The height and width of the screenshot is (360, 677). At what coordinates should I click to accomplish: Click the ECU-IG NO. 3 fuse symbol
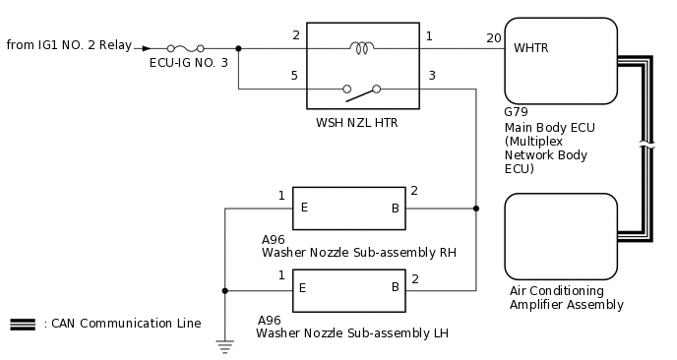coord(186,47)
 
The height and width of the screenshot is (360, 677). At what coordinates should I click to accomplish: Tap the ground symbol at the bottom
coord(225,343)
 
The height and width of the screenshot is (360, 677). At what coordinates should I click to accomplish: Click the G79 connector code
coord(516,113)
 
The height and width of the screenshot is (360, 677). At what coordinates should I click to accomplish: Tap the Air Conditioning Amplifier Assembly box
coord(560,237)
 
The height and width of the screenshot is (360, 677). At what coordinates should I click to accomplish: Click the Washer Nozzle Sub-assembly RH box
coord(348,208)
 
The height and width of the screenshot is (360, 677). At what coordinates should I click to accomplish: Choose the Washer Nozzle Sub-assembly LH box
coord(348,289)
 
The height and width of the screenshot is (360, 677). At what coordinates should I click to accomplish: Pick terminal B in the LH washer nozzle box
coord(395,287)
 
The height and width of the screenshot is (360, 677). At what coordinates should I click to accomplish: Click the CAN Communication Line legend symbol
coord(23,324)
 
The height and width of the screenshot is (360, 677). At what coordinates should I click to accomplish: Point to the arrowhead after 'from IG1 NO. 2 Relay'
coord(147,47)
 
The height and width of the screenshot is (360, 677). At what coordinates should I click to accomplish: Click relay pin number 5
coord(295,75)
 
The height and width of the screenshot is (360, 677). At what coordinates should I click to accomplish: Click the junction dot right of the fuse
coord(238,47)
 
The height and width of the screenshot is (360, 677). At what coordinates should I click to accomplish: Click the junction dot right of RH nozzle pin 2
coord(476,208)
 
